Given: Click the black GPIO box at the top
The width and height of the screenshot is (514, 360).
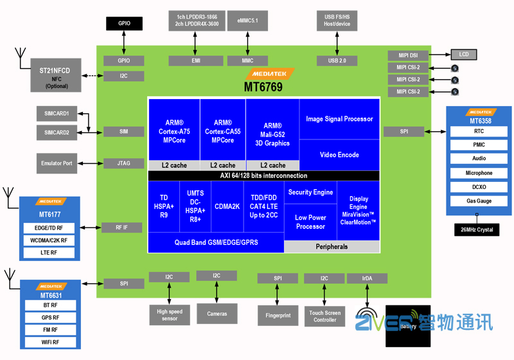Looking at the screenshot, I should click(124, 24).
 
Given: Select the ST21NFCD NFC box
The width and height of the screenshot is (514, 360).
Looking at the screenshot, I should click(57, 75).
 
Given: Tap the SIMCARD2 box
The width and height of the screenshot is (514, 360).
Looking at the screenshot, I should click(57, 132).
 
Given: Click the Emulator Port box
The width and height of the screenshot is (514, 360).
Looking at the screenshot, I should click(57, 163).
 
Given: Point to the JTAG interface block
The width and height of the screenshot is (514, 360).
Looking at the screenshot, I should click(123, 163).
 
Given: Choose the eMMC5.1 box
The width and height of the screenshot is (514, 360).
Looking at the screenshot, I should click(247, 21).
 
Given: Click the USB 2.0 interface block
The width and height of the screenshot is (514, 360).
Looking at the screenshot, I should click(337, 60).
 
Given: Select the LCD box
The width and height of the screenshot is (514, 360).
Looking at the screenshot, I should click(463, 55).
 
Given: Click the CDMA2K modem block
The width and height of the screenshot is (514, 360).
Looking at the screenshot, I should click(227, 206).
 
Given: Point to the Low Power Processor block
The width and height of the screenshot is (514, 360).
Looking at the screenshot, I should click(310, 222).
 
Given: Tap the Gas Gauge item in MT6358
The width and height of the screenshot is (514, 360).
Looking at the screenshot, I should click(479, 201).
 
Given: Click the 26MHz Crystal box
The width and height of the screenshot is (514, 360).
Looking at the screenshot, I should click(476, 230).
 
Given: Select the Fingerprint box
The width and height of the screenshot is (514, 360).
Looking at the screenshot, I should click(278, 316).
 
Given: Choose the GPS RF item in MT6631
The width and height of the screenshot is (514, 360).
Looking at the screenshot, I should click(50, 318).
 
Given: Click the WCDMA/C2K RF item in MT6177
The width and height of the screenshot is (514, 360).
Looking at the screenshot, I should click(50, 240).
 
